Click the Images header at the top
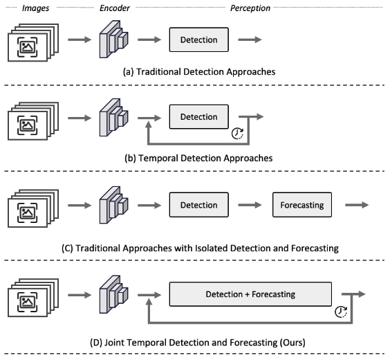click(x=35, y=8)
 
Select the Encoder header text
click(x=115, y=8)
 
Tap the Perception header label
click(x=250, y=8)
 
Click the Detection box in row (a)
click(x=199, y=40)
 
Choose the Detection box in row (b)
click(x=199, y=117)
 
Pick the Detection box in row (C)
click(x=199, y=205)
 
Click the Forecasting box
click(x=302, y=205)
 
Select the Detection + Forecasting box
click(x=250, y=294)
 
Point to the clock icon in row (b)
click(x=238, y=134)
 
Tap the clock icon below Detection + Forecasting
click(x=341, y=312)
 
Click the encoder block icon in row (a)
click(x=113, y=39)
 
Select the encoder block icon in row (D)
click(x=113, y=294)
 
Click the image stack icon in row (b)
click(x=33, y=121)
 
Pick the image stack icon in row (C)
click(x=33, y=208)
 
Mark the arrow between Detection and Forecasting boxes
click(x=250, y=205)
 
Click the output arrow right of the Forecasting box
click(x=357, y=205)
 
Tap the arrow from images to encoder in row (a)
click(x=80, y=39)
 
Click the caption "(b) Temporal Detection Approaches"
click(x=198, y=159)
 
